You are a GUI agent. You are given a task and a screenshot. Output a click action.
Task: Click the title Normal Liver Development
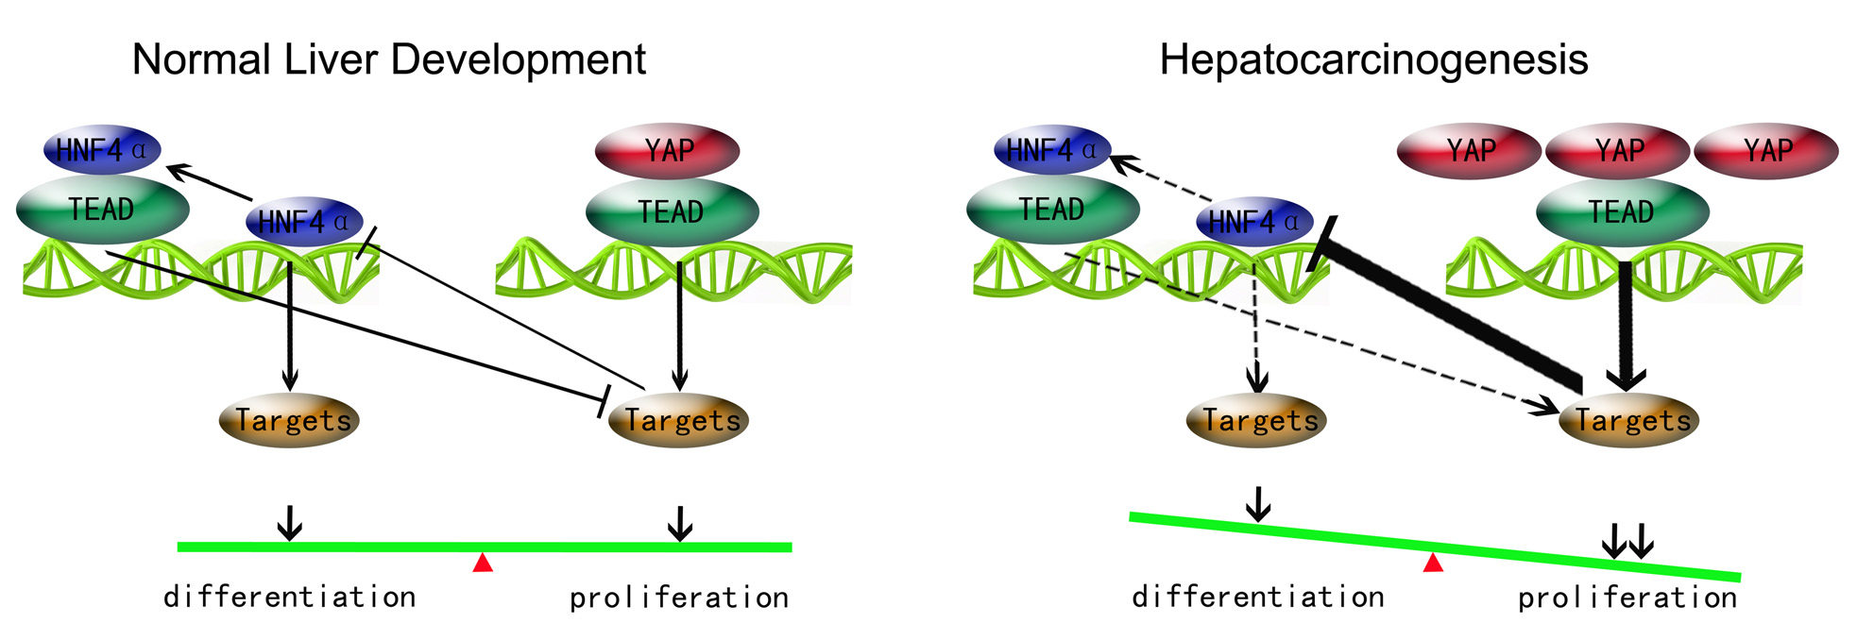(x=388, y=59)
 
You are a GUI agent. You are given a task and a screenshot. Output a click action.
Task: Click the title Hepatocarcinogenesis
(x=1372, y=59)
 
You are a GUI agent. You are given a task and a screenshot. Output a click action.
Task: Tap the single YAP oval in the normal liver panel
(x=667, y=150)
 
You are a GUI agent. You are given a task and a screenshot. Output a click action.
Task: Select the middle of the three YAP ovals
(x=1617, y=150)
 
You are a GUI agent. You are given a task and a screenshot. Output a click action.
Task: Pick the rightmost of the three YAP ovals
(x=1765, y=150)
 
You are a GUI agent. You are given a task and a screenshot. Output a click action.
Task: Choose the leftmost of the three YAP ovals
(x=1469, y=150)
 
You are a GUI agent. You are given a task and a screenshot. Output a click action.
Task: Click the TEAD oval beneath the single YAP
(x=672, y=211)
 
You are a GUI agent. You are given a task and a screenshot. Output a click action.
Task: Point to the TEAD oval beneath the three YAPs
(x=1622, y=211)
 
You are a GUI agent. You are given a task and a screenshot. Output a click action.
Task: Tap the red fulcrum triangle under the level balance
(x=483, y=563)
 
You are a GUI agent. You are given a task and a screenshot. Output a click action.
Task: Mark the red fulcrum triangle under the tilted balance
(x=1433, y=563)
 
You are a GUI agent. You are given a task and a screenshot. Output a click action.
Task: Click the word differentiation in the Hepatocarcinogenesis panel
(x=1257, y=597)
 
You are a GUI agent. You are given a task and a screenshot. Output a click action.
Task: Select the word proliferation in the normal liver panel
(x=678, y=598)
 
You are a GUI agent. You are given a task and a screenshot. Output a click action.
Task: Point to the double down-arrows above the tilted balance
(x=1627, y=541)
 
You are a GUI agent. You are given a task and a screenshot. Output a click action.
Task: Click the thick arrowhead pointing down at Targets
(x=1625, y=378)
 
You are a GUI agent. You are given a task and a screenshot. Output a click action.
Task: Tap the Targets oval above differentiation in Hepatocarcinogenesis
(x=1257, y=420)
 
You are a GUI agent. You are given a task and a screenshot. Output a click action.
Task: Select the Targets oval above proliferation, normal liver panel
(x=679, y=420)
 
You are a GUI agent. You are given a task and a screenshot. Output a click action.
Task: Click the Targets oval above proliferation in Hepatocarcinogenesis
(x=1629, y=420)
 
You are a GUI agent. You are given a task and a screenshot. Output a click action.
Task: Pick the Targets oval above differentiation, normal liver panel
(x=289, y=420)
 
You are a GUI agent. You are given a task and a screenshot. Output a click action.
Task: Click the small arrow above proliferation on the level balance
(x=679, y=523)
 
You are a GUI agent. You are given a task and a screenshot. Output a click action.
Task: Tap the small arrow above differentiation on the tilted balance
(x=1257, y=504)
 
